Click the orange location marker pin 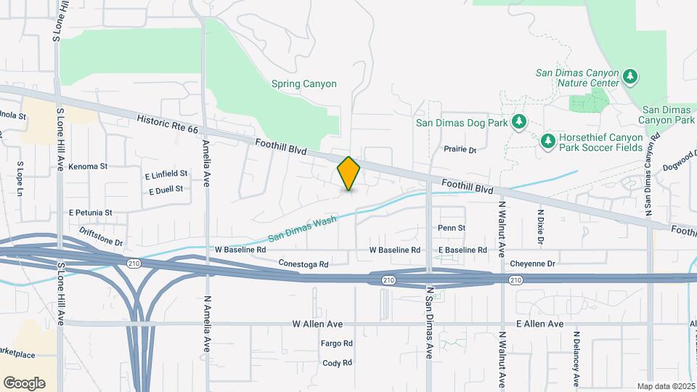[x=349, y=173]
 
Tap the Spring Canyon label [x=304, y=83]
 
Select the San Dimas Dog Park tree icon [x=518, y=123]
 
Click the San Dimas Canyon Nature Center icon [x=631, y=75]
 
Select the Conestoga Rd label [x=303, y=264]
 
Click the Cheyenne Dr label [x=532, y=264]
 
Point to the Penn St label [x=451, y=228]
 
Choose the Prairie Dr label [x=460, y=150]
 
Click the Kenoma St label [x=88, y=166]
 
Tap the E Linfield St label [x=166, y=174]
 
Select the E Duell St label [x=166, y=189]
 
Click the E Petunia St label [x=91, y=213]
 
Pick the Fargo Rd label [x=337, y=343]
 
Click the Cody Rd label [x=337, y=362]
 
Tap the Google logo [x=24, y=383]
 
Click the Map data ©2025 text [x=664, y=385]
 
